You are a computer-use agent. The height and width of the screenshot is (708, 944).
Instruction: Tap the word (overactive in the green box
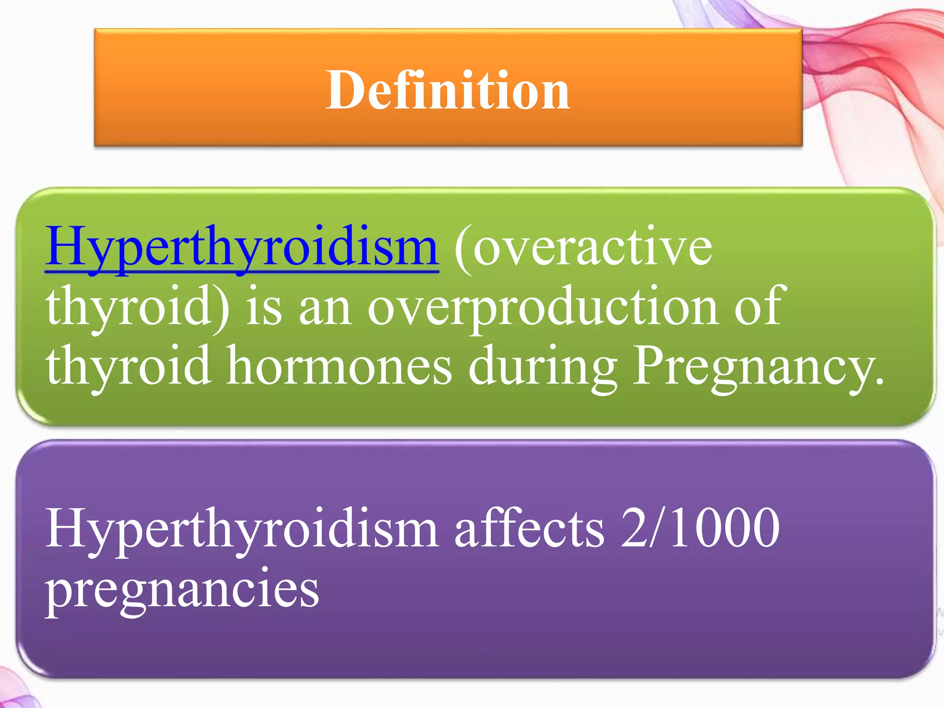tap(584, 248)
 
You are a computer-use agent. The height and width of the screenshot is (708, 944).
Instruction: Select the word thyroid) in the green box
tap(137, 307)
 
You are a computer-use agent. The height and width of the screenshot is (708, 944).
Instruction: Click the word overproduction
tap(542, 307)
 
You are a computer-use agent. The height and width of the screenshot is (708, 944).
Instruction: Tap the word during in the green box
tap(543, 366)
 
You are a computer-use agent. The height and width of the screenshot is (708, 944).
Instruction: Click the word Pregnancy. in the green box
tap(758, 366)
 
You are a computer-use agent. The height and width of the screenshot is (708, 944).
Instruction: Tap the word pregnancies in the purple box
tap(182, 589)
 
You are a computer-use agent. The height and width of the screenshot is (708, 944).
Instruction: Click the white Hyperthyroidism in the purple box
tap(242, 528)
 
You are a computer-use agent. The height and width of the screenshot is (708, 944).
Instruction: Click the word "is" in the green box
tap(264, 306)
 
